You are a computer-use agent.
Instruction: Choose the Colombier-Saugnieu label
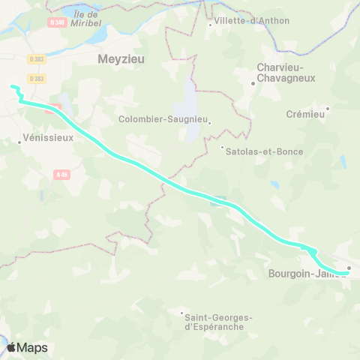point(163,119)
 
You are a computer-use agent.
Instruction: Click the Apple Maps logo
point(27,347)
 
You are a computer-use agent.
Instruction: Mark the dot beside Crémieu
point(327,109)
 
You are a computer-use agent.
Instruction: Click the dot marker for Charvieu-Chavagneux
point(253,83)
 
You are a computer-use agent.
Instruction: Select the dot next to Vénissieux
point(20,140)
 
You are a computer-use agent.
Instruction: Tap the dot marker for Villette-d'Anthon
point(209,25)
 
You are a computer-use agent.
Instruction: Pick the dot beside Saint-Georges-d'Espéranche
point(181,313)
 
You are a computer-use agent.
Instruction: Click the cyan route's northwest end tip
point(12,87)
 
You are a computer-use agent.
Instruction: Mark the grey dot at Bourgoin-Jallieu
point(349,268)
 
